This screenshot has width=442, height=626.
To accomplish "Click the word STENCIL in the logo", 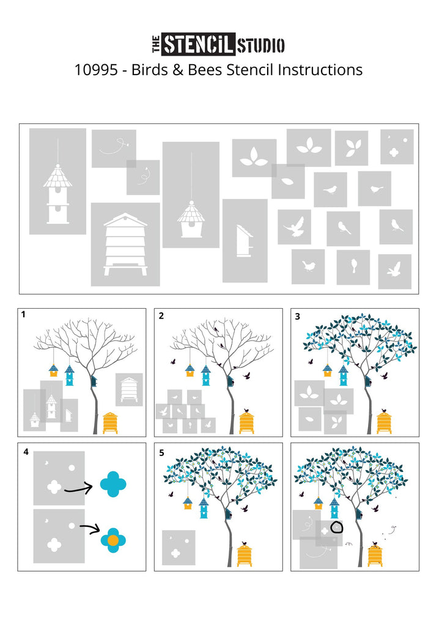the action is pyautogui.click(x=198, y=44).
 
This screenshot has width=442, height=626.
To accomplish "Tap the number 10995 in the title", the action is pyautogui.click(x=96, y=70).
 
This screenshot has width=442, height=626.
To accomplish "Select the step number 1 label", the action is pyautogui.click(x=23, y=315).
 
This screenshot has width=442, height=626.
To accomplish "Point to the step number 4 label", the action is pyautogui.click(x=26, y=452).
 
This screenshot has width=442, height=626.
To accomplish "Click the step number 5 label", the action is pyautogui.click(x=162, y=453).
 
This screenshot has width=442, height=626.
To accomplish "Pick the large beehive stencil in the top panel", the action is pyautogui.click(x=125, y=245).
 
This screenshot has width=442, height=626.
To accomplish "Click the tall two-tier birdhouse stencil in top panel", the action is pyautogui.click(x=57, y=181).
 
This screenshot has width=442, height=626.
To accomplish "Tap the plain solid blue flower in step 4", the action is pyautogui.click(x=113, y=484).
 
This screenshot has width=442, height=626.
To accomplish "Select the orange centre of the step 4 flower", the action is pyautogui.click(x=113, y=540).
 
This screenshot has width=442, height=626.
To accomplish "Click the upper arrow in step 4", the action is pyautogui.click(x=78, y=487).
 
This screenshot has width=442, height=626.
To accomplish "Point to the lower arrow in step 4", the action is pyautogui.click(x=89, y=529).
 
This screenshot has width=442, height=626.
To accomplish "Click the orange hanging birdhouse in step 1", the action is pyautogui.click(x=54, y=370).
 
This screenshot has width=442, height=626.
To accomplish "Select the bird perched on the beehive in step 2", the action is pyautogui.click(x=247, y=410).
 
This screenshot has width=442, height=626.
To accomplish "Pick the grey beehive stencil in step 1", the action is pyautogui.click(x=129, y=389).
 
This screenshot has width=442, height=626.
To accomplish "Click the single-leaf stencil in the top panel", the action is pyautogui.click(x=288, y=182).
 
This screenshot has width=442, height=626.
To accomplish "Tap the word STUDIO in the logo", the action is pyautogui.click(x=261, y=45).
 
